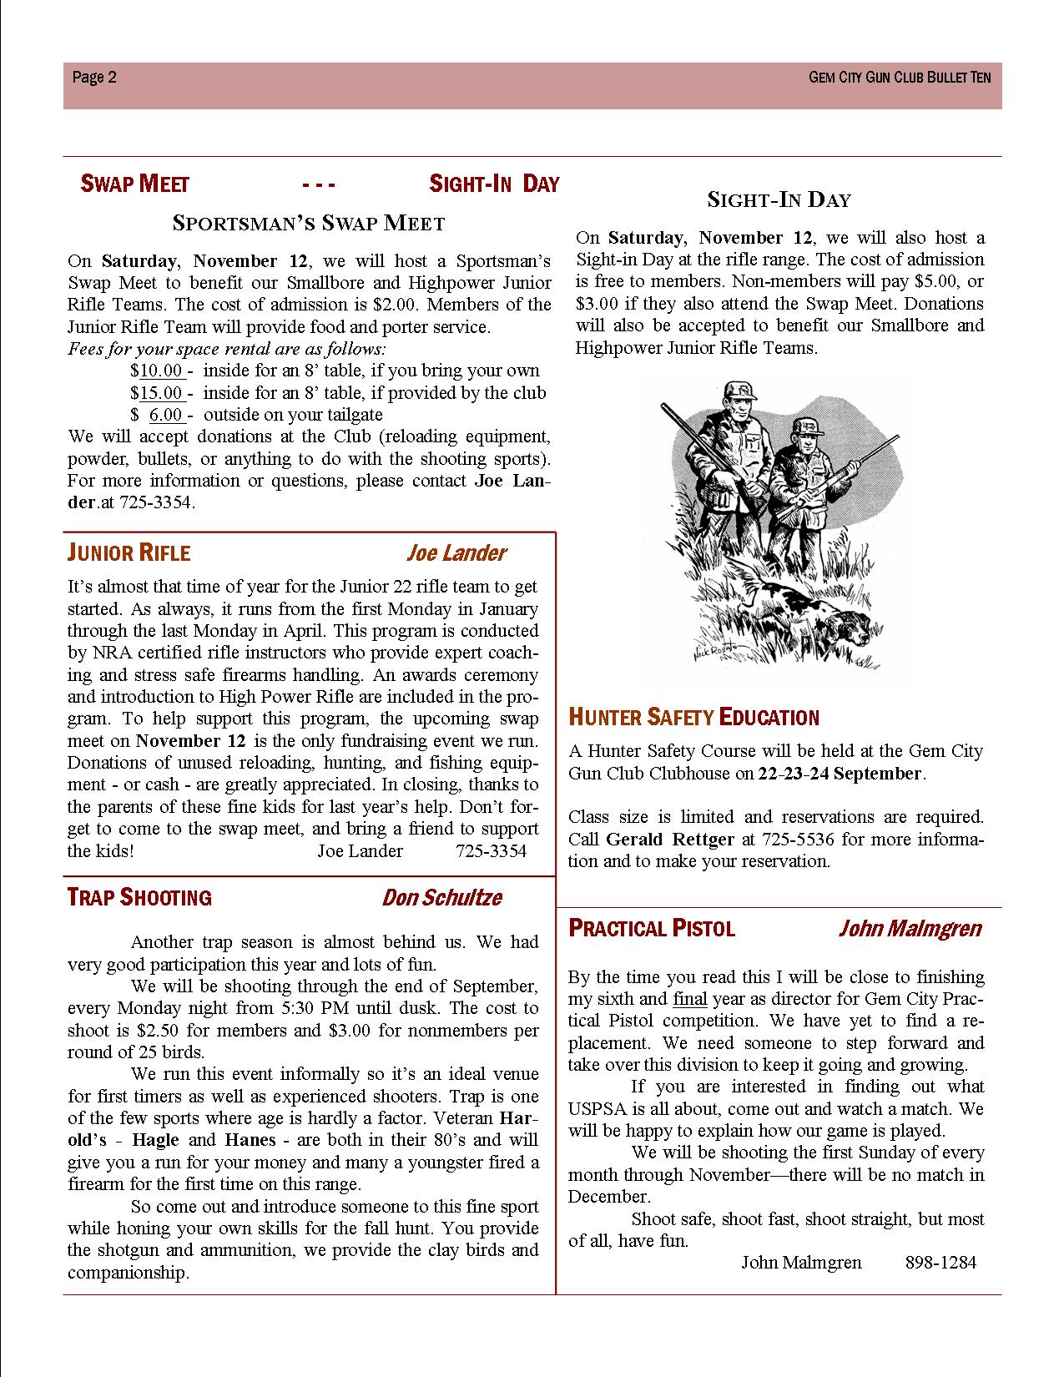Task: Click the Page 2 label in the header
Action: click(94, 78)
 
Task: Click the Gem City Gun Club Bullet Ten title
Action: click(900, 78)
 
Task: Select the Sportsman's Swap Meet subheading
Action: click(309, 223)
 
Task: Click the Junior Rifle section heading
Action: click(129, 553)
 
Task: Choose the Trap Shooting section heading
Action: click(139, 898)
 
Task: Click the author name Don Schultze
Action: click(441, 898)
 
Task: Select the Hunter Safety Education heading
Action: click(693, 717)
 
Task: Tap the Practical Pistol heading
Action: click(652, 929)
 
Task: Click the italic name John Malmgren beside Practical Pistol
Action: click(910, 929)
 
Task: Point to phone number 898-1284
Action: click(940, 1263)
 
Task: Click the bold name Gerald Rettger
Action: click(670, 839)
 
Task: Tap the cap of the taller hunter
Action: click(737, 390)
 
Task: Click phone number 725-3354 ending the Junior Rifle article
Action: click(492, 851)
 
